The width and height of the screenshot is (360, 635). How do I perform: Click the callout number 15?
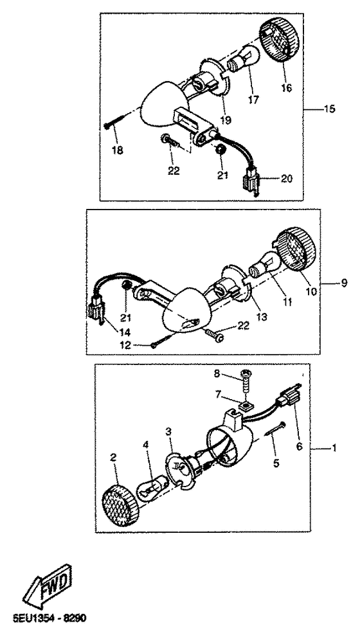(x=329, y=109)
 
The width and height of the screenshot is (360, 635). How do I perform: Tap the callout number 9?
(x=344, y=283)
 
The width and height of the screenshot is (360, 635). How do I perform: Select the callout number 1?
(x=334, y=448)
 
